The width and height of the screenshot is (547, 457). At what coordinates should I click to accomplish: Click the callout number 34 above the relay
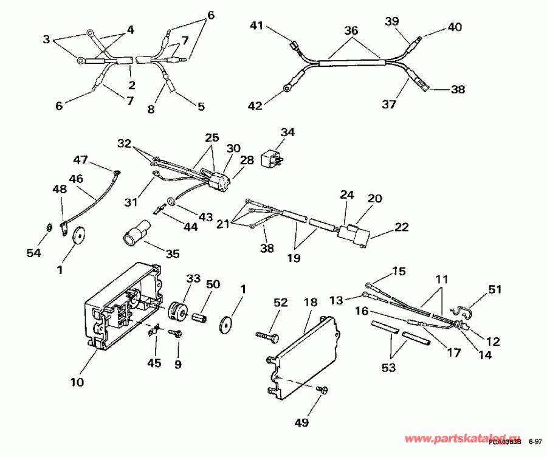[x=287, y=132]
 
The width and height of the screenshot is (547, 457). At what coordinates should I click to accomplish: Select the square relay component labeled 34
[x=270, y=159]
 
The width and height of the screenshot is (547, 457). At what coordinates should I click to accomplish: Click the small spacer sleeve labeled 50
[x=201, y=318]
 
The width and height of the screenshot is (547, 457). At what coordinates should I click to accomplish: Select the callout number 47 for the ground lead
[x=81, y=160]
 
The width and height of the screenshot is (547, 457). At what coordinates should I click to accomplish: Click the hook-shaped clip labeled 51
[x=463, y=311]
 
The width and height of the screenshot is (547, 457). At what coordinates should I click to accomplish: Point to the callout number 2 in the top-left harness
[x=132, y=85]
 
